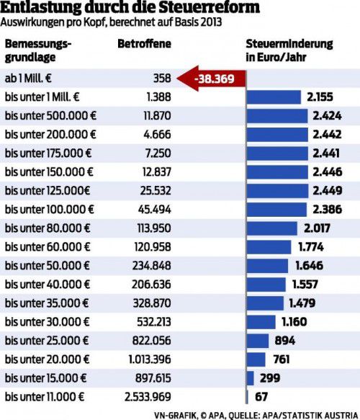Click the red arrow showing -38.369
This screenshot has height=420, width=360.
[x=211, y=79]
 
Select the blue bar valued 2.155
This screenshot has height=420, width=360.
[x=274, y=97]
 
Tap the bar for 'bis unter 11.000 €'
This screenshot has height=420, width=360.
[x=247, y=397]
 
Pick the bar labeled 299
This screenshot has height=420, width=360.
[x=250, y=378]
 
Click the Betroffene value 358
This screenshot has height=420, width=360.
[x=162, y=79]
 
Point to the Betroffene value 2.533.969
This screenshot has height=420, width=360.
[x=148, y=397]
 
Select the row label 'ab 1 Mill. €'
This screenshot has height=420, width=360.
[x=28, y=79]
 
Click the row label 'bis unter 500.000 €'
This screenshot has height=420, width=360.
[x=50, y=116]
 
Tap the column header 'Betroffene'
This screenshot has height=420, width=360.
[x=144, y=44]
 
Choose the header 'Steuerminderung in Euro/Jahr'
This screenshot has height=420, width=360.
[x=289, y=50]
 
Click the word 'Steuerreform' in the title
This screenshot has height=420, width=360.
[x=209, y=7]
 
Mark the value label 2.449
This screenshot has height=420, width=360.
[x=328, y=190]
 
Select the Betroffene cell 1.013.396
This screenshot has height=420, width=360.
[x=150, y=359]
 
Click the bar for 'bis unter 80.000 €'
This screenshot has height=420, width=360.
[x=271, y=228]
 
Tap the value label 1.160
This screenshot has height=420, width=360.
[x=294, y=322]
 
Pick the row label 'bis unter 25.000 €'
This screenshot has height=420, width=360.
[x=47, y=341]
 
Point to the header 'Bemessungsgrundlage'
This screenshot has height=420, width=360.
[x=38, y=50]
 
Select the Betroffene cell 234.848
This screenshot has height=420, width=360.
[x=151, y=265]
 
